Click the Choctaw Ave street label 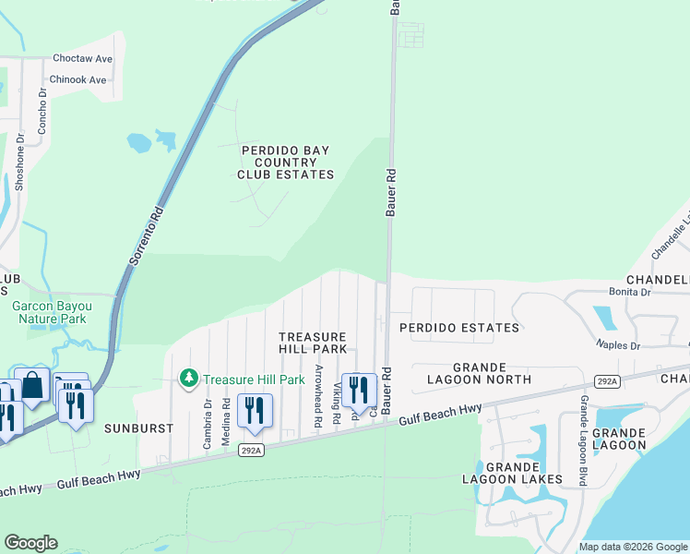(82, 58)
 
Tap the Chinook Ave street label (78, 80)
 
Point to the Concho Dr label (42, 114)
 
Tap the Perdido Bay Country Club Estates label (285, 162)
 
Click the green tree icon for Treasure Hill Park (189, 379)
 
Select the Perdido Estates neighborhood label (458, 328)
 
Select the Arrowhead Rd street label (318, 394)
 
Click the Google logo (30, 543)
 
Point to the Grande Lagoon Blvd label (583, 440)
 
